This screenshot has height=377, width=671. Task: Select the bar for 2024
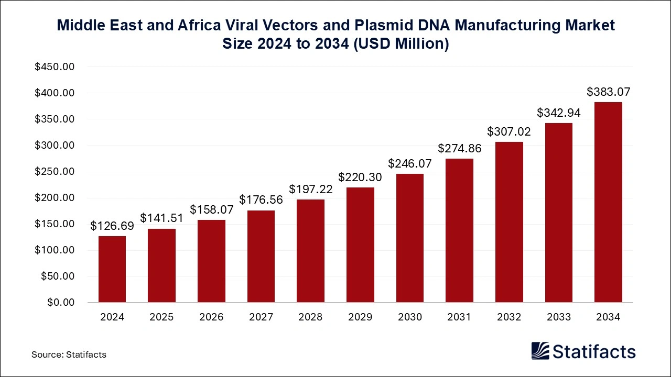(x=112, y=269)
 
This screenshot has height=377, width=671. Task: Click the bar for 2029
(x=360, y=245)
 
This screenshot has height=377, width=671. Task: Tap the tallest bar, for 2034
(x=608, y=202)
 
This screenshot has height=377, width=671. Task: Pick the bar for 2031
(x=459, y=230)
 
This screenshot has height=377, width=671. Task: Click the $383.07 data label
(x=608, y=92)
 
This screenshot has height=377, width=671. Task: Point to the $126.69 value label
(x=112, y=226)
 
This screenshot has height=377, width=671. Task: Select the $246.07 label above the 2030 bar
(x=409, y=163)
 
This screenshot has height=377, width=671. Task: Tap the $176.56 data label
(x=261, y=200)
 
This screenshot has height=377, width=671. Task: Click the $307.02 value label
(x=508, y=132)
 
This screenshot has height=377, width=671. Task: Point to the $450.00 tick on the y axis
(x=55, y=67)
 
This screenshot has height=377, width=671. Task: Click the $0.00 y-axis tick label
(x=61, y=303)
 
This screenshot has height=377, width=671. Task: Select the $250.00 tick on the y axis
(x=55, y=172)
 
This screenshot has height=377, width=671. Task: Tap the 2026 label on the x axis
(x=211, y=317)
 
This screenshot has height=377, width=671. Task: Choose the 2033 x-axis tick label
(x=558, y=317)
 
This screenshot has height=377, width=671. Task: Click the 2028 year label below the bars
(x=310, y=317)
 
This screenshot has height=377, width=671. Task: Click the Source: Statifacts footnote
(x=69, y=354)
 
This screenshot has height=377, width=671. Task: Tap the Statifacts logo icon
(x=540, y=351)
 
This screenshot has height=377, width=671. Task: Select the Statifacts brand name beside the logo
(x=594, y=351)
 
